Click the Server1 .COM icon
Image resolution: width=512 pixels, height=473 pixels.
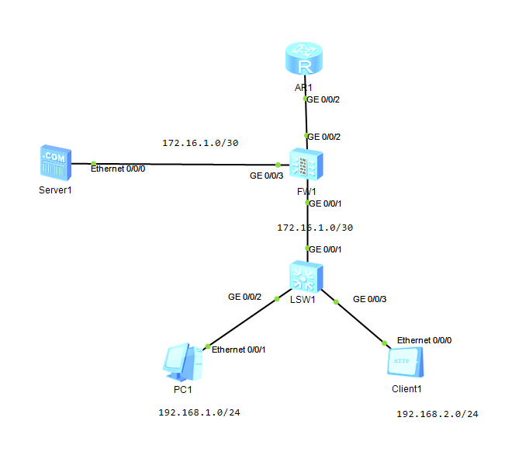54,161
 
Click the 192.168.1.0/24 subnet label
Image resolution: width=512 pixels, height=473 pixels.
199,412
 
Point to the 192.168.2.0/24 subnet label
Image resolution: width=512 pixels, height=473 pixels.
437,414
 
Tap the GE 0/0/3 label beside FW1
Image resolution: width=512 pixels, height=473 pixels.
266,176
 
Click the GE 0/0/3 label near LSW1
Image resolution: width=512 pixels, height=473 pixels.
369,298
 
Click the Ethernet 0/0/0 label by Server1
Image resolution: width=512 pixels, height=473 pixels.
118,168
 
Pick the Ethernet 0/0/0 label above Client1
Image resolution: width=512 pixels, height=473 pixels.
424,340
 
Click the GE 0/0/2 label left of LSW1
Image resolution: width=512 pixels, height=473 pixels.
244,297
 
